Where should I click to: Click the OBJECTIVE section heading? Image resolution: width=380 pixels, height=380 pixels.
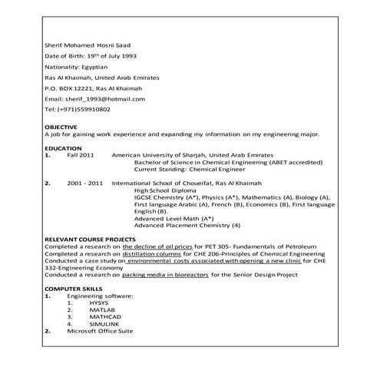[61, 126]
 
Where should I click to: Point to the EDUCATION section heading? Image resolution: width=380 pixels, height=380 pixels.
[62, 147]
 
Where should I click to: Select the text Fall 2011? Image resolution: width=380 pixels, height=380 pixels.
[80, 154]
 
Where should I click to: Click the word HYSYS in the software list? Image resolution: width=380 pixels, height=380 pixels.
[99, 302]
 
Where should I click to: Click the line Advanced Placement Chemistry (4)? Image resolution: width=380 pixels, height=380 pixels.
[187, 225]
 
